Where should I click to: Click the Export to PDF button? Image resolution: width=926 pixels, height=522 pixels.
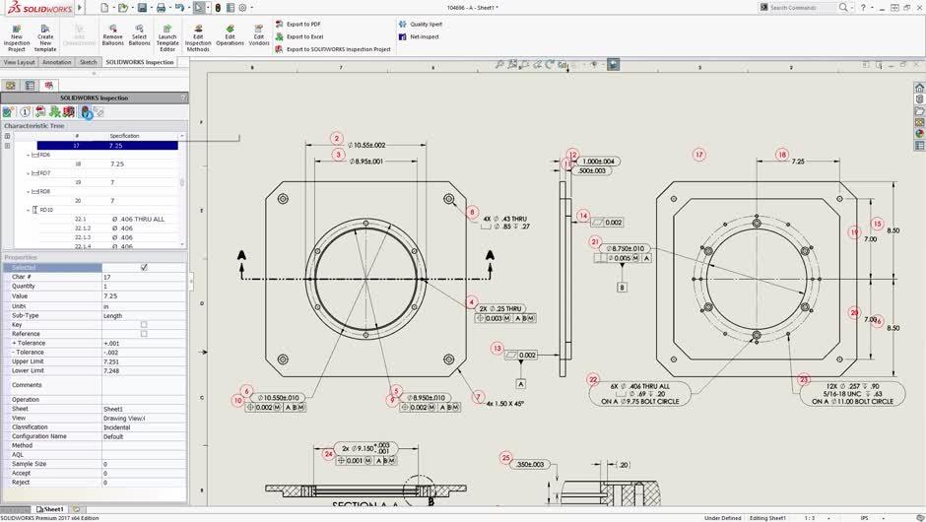click(302, 24)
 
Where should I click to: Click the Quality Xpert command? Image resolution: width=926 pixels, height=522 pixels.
click(425, 24)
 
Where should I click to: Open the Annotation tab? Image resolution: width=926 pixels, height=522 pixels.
click(57, 62)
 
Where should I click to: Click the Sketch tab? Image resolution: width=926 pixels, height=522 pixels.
click(88, 62)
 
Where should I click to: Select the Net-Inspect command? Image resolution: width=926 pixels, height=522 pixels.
click(424, 36)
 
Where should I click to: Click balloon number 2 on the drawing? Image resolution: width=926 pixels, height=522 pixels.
click(337, 139)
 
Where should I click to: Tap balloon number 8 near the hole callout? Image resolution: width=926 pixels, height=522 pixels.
click(472, 212)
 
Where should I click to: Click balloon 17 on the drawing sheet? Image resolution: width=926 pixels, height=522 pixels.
click(699, 155)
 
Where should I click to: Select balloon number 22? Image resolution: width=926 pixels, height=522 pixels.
click(593, 379)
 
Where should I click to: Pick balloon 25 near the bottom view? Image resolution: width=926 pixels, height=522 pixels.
click(506, 458)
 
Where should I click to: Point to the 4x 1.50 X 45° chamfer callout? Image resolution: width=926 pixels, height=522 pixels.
click(504, 404)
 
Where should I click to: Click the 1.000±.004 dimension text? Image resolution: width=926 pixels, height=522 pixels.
click(598, 161)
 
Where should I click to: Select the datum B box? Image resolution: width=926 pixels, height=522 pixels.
click(622, 288)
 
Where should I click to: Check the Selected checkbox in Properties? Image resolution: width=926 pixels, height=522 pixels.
click(144, 268)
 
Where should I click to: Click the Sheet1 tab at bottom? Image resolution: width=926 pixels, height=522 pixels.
click(52, 509)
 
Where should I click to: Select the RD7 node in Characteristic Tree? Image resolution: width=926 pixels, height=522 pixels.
click(44, 173)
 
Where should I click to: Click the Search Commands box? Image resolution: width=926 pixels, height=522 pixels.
click(800, 7)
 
